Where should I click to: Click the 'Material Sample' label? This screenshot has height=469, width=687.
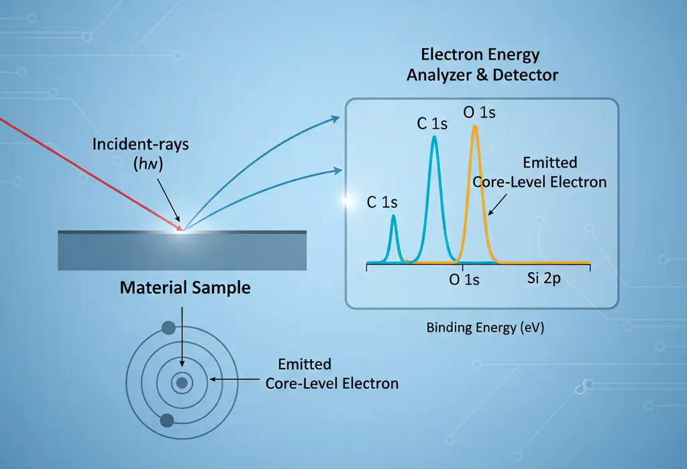(x=185, y=288)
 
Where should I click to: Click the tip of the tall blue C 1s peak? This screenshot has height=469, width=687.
(x=435, y=138)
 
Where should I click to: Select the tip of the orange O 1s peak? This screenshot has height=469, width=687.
(x=475, y=127)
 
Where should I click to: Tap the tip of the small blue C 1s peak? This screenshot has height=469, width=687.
(x=393, y=216)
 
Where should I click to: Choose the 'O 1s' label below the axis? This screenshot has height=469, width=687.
(x=464, y=280)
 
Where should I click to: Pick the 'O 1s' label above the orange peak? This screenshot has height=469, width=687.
(x=480, y=113)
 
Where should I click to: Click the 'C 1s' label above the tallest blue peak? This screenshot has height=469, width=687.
(x=431, y=124)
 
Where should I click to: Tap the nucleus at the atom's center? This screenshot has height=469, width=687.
(x=181, y=384)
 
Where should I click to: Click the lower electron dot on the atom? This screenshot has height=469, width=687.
(x=167, y=420)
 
